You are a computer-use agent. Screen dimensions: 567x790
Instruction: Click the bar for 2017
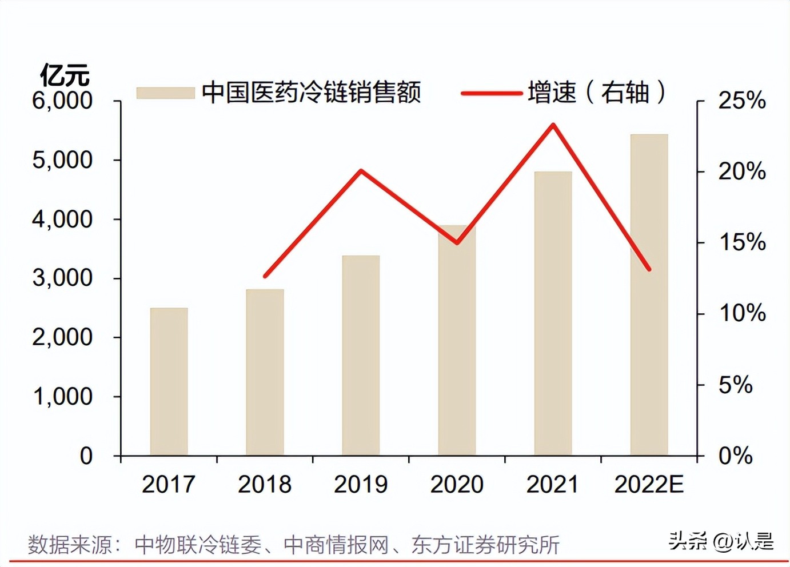coord(169,382)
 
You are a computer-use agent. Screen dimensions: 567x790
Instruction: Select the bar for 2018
coord(265,372)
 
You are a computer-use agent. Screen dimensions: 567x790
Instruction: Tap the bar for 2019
coord(361,356)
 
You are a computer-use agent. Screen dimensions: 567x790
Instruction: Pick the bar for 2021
coord(553,313)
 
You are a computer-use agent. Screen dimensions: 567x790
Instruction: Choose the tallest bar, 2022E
coord(649,295)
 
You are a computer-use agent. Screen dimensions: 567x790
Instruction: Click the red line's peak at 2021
coord(553,125)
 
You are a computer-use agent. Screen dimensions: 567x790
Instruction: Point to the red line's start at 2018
coord(265,276)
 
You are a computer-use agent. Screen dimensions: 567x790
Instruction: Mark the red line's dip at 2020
coord(457,242)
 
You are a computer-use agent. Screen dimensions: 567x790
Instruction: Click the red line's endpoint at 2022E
coord(649,269)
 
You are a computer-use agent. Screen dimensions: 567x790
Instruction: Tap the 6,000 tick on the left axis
coord(62,101)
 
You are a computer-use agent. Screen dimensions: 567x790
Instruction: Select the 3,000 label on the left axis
coord(62,278)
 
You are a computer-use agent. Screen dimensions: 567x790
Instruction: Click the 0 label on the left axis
coord(86,456)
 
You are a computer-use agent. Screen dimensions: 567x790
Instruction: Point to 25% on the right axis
coord(741,101)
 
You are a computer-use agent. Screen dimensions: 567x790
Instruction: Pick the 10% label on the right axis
coord(741,313)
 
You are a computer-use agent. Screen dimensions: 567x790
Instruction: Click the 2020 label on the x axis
coord(457,485)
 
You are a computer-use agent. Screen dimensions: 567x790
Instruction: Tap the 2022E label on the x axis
coord(649,485)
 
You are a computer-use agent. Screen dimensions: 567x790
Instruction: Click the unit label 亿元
coord(65,75)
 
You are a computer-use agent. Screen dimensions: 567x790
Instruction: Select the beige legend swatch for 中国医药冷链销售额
coord(165,93)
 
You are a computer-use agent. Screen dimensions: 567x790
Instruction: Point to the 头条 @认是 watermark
coord(721,541)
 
